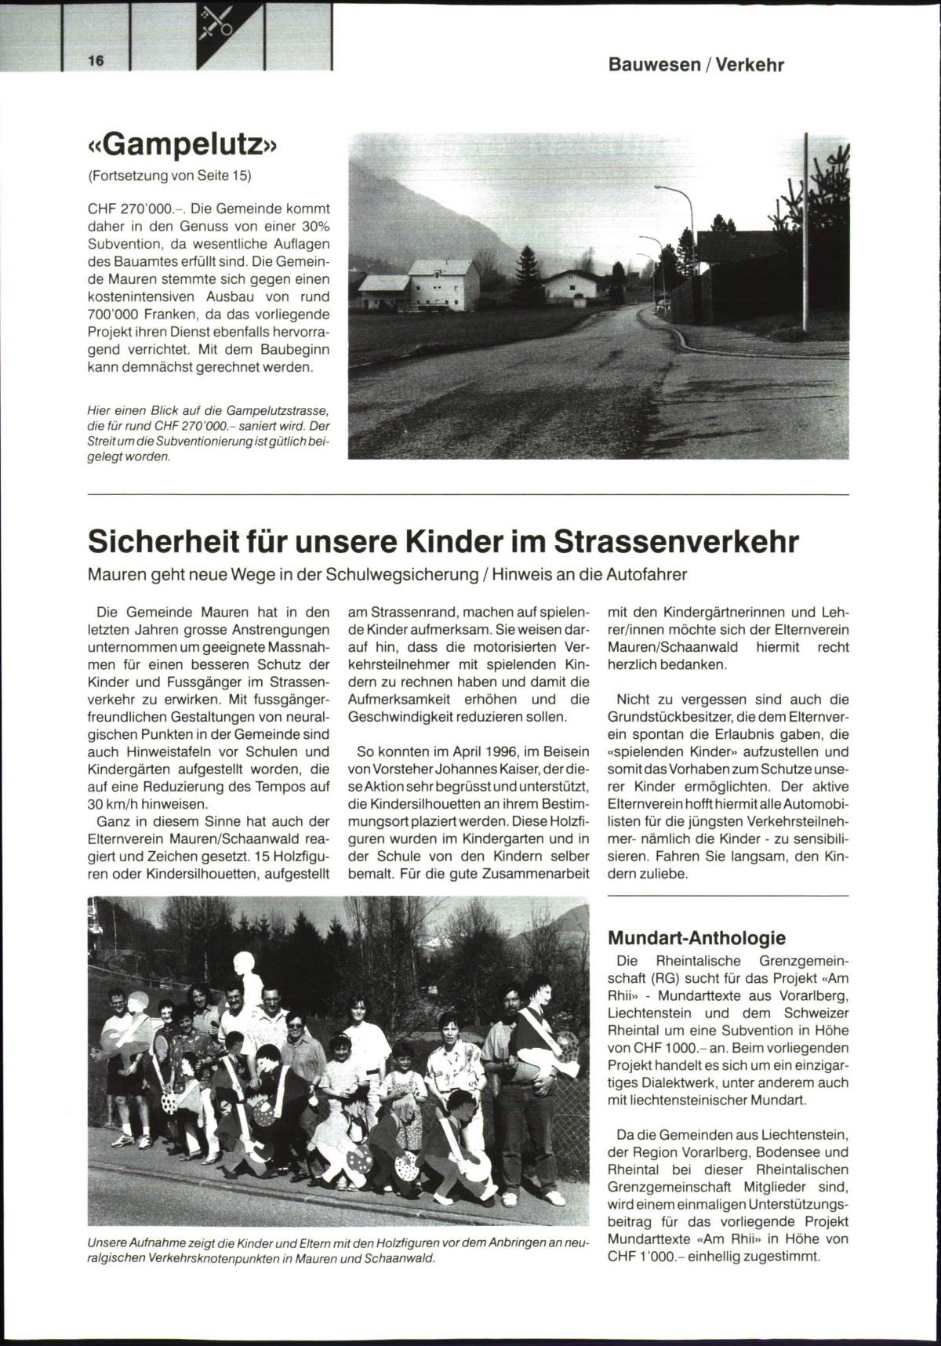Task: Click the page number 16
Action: [97, 62]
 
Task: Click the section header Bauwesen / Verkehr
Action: [696, 65]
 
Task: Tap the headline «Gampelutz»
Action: [183, 145]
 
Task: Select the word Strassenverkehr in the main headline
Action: [677, 541]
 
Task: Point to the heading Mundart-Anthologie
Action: [696, 937]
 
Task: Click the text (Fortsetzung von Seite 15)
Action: [169, 176]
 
